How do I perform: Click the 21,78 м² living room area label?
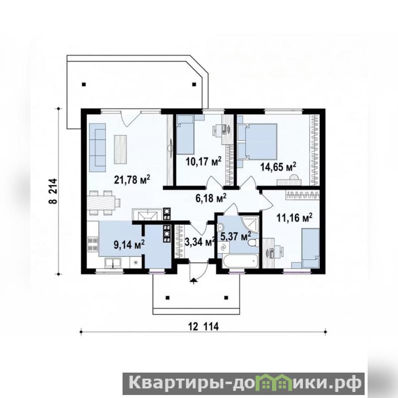132,179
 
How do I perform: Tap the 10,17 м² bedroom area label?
203,161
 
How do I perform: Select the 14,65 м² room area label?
278,167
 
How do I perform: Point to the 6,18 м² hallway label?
211,198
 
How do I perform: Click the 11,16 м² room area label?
294,218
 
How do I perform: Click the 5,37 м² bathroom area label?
236,236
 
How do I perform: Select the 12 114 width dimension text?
203,327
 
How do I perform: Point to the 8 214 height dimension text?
53,191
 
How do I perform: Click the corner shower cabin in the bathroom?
249,225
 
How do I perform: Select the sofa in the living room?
98,148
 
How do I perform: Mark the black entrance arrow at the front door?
194,280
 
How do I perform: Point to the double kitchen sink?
113,262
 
